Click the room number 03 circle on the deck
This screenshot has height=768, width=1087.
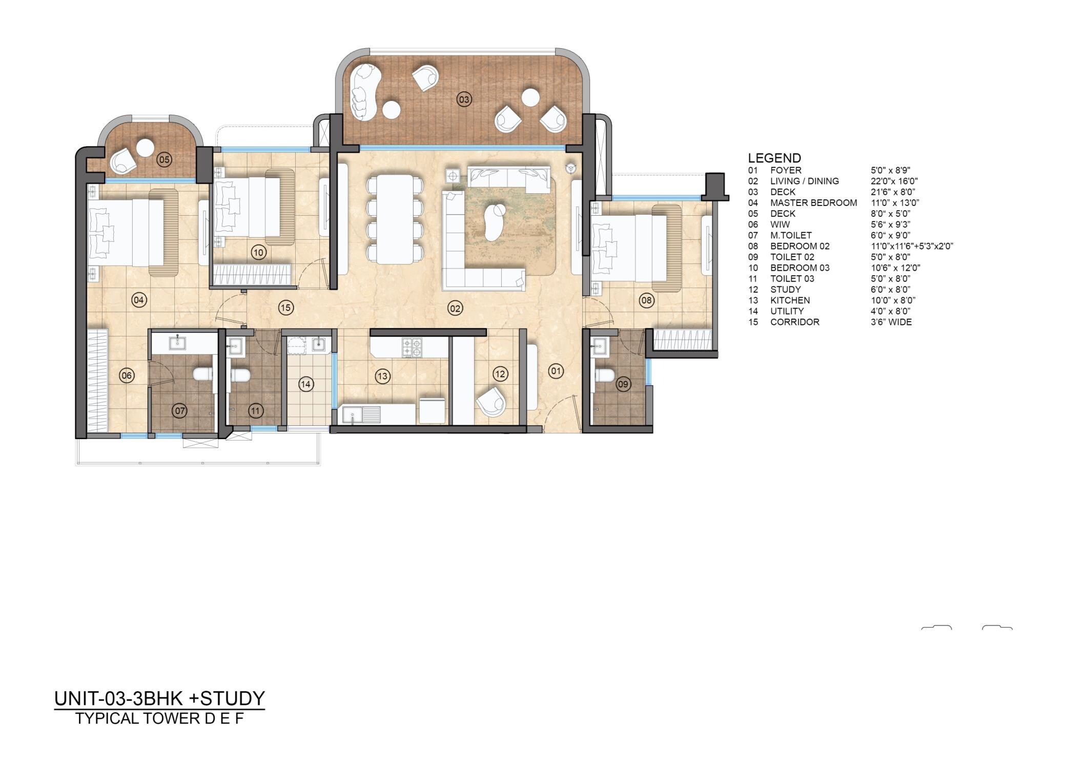click(x=464, y=99)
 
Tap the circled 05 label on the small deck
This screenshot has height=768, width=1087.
click(x=164, y=159)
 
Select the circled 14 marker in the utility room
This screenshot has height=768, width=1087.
click(x=306, y=384)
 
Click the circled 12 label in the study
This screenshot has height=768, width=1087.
click(x=500, y=374)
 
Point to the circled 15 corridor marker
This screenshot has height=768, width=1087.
click(x=285, y=308)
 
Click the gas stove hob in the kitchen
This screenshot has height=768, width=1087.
click(x=412, y=347)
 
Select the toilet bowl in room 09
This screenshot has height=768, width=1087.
click(x=605, y=376)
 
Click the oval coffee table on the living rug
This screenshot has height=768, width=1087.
click(x=494, y=222)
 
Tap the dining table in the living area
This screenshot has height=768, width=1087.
click(x=394, y=219)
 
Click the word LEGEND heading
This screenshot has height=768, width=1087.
click(x=774, y=158)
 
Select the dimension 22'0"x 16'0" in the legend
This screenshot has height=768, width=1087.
click(x=894, y=181)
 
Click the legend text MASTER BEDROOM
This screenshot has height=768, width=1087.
click(x=813, y=203)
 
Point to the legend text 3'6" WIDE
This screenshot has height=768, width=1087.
click(x=891, y=322)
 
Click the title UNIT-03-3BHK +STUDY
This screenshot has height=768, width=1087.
click(x=159, y=699)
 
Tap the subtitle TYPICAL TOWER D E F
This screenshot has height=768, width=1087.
click(x=159, y=719)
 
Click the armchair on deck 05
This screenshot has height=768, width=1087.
click(x=123, y=160)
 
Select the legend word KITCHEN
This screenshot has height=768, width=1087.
click(x=790, y=300)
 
